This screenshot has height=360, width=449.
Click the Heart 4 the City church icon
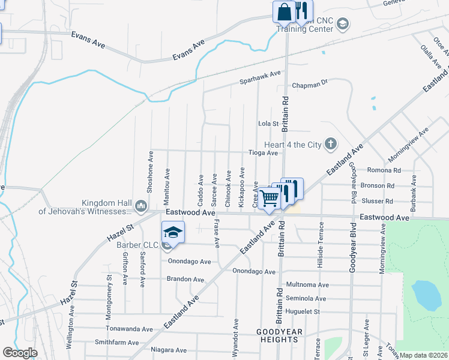(330, 143)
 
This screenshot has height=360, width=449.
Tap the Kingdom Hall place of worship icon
(140, 206)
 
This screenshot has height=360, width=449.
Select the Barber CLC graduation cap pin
(172, 232)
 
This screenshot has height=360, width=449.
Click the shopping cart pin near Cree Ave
(269, 197)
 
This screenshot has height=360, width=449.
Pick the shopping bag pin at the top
(283, 11)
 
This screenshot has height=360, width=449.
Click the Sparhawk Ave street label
(261, 74)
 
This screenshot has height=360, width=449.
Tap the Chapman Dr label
(311, 85)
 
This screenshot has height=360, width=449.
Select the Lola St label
(269, 124)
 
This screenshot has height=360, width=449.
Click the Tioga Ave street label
(264, 153)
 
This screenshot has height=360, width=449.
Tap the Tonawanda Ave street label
(129, 329)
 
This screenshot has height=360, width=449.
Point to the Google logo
(20, 352)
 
